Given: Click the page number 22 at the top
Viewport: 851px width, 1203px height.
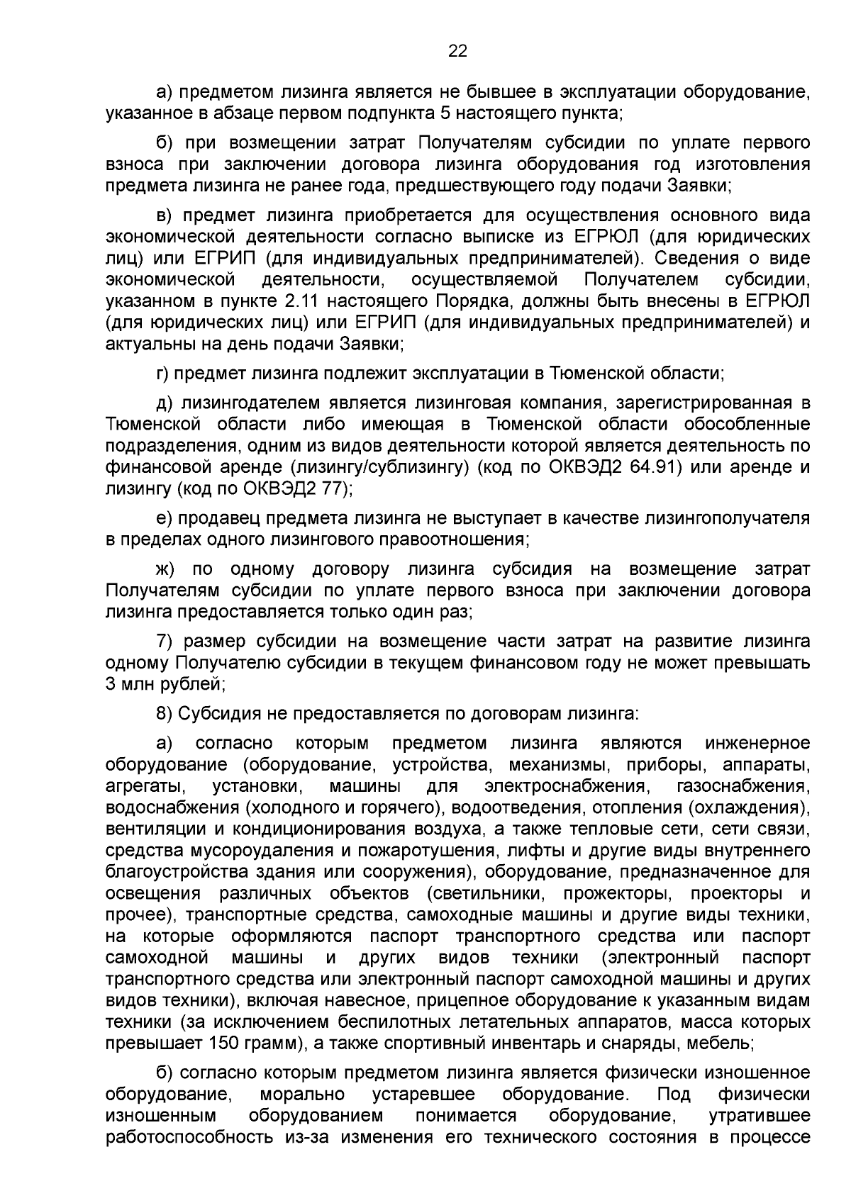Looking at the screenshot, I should tap(457, 51).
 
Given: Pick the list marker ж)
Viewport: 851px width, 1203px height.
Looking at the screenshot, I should tap(167, 569).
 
